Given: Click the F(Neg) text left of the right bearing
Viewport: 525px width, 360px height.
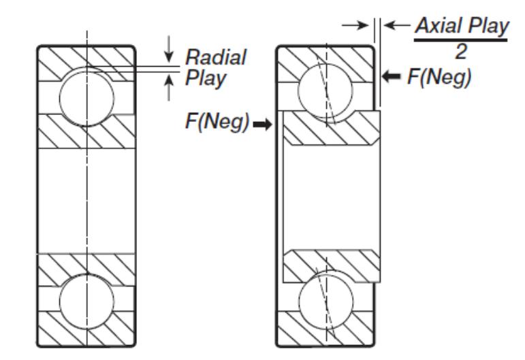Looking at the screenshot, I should coord(220,125).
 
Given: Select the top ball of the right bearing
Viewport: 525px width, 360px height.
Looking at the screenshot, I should coord(327,96).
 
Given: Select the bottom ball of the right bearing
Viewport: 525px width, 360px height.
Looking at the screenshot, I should coord(327,302).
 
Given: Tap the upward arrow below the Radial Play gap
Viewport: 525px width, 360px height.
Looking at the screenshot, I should coord(169,88).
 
